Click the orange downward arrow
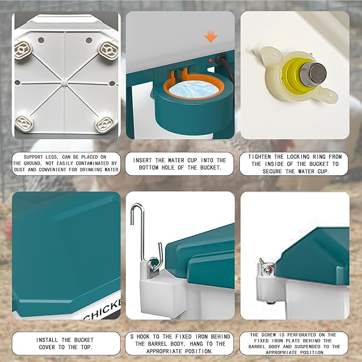[211, 37]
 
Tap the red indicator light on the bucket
[210, 61]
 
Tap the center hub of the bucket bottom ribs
[63, 82]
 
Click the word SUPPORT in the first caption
[33, 157]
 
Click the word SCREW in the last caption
[269, 335]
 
